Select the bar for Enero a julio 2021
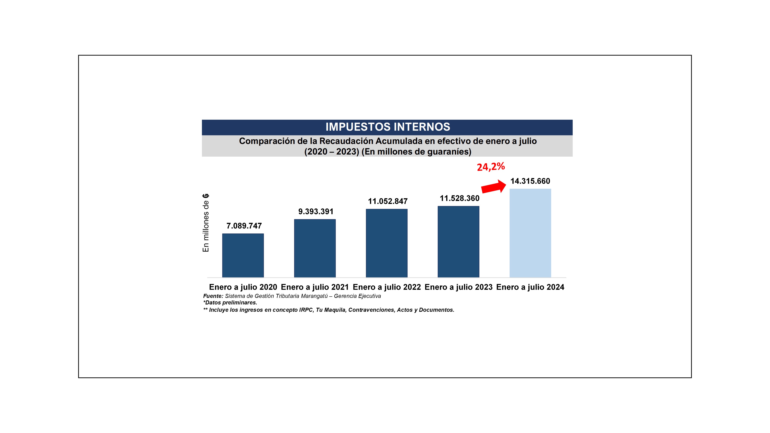pos(315,248)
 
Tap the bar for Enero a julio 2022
pos(387,243)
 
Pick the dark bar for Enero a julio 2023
pos(458,242)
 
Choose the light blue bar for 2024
pos(530,233)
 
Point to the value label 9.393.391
pos(316,211)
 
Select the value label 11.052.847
pos(387,201)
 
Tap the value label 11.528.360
pos(459,198)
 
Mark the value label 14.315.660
pos(530,181)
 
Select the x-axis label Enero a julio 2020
pos(243,287)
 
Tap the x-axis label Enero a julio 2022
pos(387,287)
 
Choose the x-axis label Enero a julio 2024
pos(530,287)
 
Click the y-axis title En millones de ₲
pos(206,223)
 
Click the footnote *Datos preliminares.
pos(230,303)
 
